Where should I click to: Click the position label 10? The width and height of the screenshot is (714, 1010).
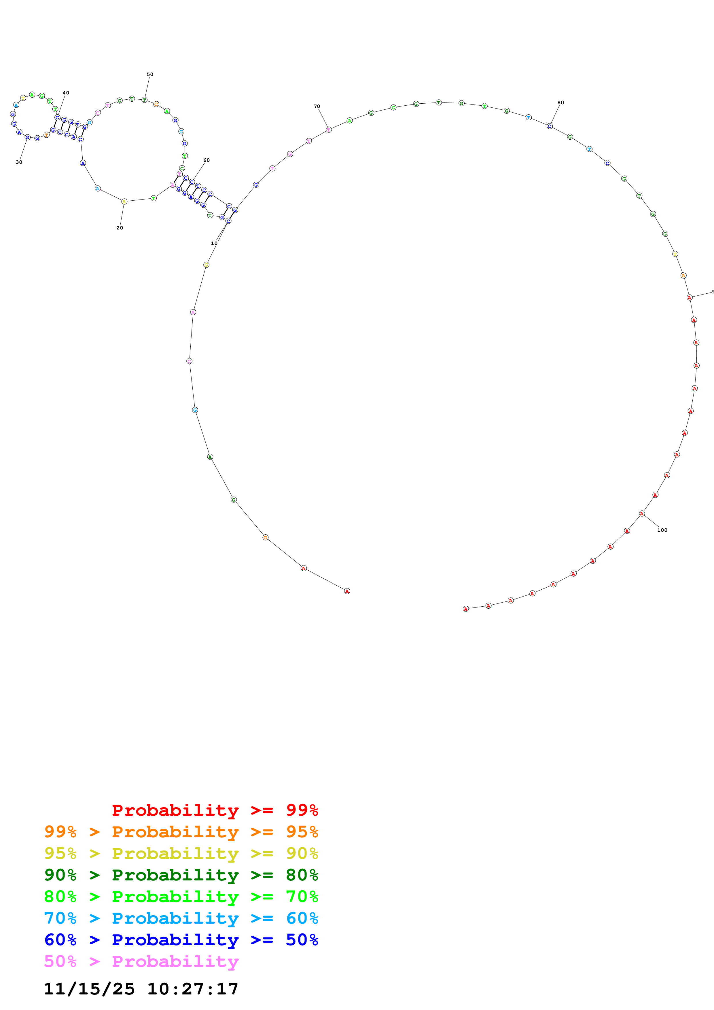pyautogui.click(x=214, y=243)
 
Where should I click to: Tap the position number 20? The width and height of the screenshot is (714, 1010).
pyautogui.click(x=120, y=228)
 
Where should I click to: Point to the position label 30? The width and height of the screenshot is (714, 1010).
pyautogui.click(x=19, y=162)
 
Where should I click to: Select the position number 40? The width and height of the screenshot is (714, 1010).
pyautogui.click(x=66, y=93)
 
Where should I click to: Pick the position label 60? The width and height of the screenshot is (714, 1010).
pyautogui.click(x=206, y=160)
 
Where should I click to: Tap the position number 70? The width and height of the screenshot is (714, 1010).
pyautogui.click(x=317, y=107)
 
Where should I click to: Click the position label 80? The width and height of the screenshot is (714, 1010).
pyautogui.click(x=560, y=102)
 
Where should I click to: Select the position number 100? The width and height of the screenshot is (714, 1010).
pyautogui.click(x=662, y=530)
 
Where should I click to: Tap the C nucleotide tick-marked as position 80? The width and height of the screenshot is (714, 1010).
pyautogui.click(x=550, y=126)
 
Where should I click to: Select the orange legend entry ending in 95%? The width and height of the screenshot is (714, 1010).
pyautogui.click(x=181, y=832)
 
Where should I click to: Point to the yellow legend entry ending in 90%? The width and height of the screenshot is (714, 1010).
pyautogui.click(x=181, y=853)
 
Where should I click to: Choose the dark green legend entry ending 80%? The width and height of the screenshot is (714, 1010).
pyautogui.click(x=181, y=875)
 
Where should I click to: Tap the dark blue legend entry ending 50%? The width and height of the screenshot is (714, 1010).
pyautogui.click(x=181, y=940)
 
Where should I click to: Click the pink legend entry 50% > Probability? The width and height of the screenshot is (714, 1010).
pyautogui.click(x=141, y=961)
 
